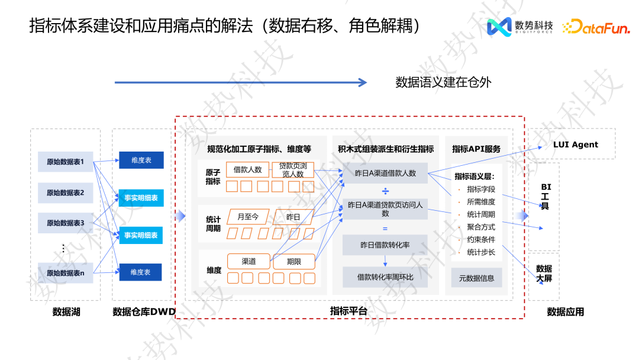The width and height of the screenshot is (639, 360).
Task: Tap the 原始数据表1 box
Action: coord(65,162)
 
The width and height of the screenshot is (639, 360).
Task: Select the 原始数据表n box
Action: coord(65,273)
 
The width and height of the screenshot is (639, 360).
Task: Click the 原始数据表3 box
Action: coord(65,223)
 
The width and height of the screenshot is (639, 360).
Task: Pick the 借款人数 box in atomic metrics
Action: coord(247,169)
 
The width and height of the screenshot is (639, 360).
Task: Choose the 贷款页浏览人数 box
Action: coord(292,169)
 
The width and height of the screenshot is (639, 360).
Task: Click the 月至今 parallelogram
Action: coord(247,217)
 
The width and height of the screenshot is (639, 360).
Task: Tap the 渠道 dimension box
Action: coord(248,261)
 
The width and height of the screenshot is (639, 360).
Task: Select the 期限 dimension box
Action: coord(294,261)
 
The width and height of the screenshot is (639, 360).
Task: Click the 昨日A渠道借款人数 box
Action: coord(385,173)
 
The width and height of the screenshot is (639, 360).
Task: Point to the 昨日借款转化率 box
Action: coord(385,245)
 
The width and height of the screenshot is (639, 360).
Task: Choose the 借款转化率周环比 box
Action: coord(385,277)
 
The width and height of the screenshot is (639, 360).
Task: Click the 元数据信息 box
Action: coord(476,278)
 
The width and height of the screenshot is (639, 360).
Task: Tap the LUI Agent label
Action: coord(575,144)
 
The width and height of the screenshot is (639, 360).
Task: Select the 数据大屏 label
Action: coord(544,274)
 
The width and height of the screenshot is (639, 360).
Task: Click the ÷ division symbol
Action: coord(385,191)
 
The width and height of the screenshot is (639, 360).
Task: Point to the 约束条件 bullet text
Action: coord(480,240)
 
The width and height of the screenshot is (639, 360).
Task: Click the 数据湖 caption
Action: coord(66,311)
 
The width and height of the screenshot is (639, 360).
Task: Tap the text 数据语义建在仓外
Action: coord(443,82)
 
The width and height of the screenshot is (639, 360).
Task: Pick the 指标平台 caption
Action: coord(348,311)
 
